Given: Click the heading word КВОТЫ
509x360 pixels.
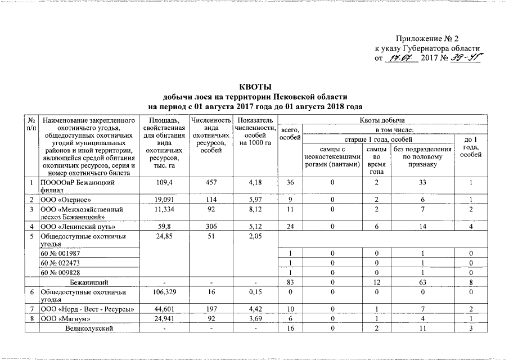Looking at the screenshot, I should point(255,87).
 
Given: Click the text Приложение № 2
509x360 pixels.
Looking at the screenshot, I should point(427,38).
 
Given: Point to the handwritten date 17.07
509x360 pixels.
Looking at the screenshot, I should point(400,57).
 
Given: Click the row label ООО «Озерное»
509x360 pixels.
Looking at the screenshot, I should point(65,200).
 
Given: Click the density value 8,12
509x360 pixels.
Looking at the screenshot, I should point(254,210).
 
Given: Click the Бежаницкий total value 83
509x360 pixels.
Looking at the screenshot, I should point(290,281).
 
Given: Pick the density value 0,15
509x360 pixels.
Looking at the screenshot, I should point(254,291).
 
